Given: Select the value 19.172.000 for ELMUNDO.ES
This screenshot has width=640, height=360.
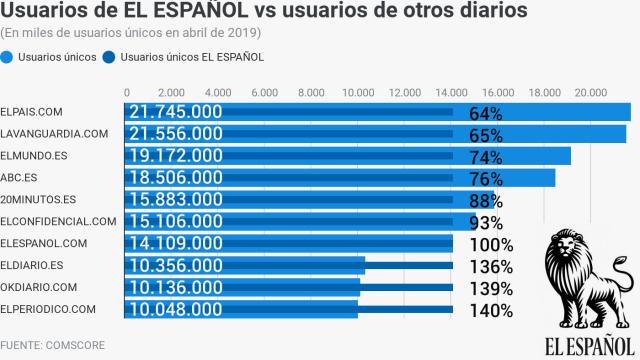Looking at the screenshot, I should point(185,156).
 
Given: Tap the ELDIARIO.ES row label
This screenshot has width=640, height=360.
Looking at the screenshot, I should point(33,265).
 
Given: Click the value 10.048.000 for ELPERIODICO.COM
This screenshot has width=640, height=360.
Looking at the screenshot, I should point(185,309).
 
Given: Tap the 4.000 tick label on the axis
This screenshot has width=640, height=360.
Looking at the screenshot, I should point(219,93).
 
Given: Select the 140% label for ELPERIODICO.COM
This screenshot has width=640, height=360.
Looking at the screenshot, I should point(491,310).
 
